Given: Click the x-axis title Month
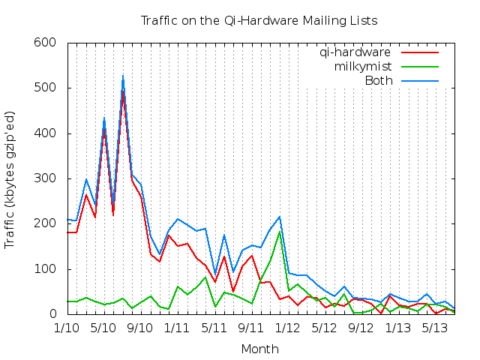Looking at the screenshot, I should click(259, 349).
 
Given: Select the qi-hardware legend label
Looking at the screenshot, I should click(355, 52).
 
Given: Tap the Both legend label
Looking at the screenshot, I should click(378, 81).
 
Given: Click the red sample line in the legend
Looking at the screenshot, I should click(420, 52).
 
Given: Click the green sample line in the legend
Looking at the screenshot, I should click(420, 67).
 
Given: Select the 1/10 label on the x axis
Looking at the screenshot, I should click(67, 328).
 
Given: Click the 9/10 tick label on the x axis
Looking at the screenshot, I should click(140, 328).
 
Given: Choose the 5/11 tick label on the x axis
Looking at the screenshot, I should click(214, 328).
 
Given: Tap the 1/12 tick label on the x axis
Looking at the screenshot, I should click(287, 328).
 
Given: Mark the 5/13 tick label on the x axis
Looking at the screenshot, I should click(435, 328).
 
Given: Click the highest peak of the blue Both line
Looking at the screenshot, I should click(123, 75).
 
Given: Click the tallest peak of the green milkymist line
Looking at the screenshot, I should click(279, 230).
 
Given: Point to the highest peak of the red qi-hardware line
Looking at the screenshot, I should click(123, 91).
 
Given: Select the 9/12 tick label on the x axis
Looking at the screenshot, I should click(361, 328).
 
